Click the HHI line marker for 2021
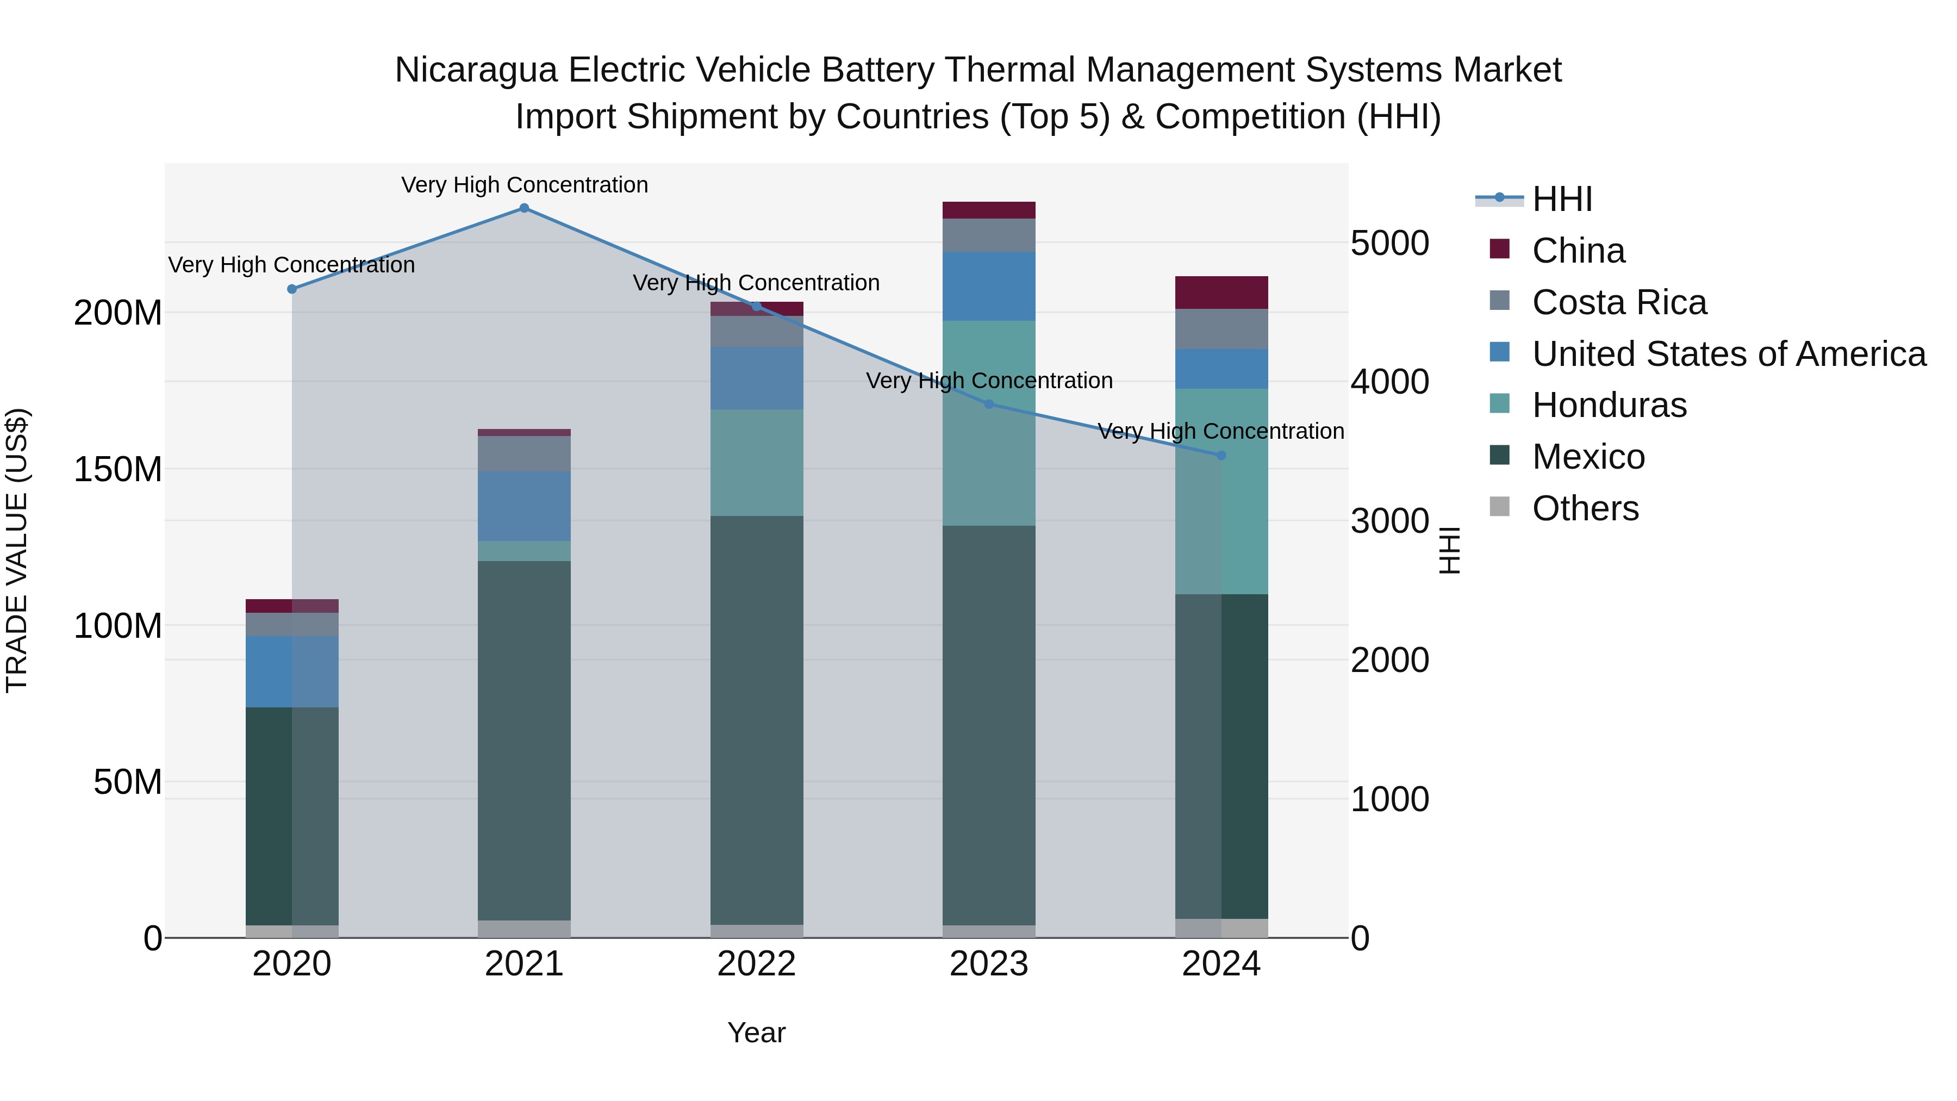pos(524,208)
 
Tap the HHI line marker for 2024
pos(1221,455)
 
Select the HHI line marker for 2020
pos(292,289)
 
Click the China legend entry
pos(1578,251)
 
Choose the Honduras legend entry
pos(1609,405)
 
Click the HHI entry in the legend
pos(1561,199)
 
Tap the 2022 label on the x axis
pos(756,964)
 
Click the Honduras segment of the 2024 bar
pos(1221,491)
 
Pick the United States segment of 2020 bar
pos(292,671)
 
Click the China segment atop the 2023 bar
pos(988,210)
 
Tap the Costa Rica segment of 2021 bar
pos(524,453)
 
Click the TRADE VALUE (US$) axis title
pos(17,550)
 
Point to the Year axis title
pos(756,1032)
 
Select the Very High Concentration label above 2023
pos(988,381)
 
